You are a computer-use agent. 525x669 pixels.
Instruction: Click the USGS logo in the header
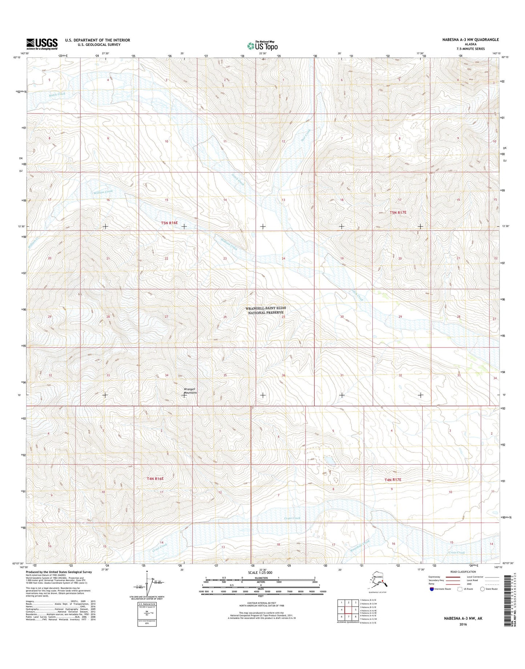click(42, 44)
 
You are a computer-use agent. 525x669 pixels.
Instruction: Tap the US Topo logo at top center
click(263, 46)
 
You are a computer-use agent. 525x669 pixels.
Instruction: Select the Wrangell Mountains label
click(190, 391)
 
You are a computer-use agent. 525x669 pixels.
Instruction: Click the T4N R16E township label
click(155, 479)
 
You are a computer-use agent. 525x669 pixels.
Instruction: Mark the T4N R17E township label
click(393, 480)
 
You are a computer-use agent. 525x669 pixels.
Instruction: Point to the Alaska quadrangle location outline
click(378, 583)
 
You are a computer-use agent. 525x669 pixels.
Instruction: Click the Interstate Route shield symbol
click(431, 589)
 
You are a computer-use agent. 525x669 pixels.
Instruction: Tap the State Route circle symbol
click(482, 589)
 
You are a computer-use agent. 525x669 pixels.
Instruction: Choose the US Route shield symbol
click(461, 589)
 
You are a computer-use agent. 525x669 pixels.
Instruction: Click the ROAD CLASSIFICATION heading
click(463, 572)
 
